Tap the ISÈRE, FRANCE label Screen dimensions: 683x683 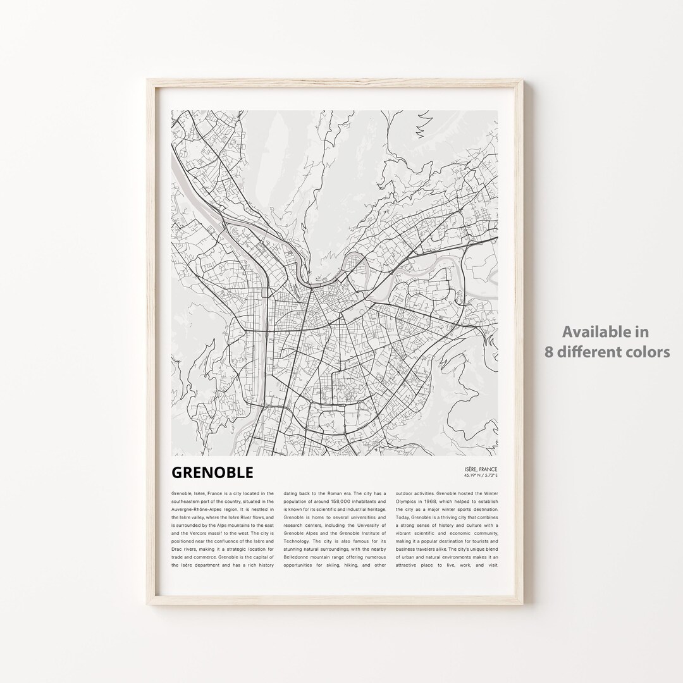pyautogui.click(x=481, y=469)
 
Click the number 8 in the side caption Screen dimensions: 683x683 pyautogui.click(x=548, y=352)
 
